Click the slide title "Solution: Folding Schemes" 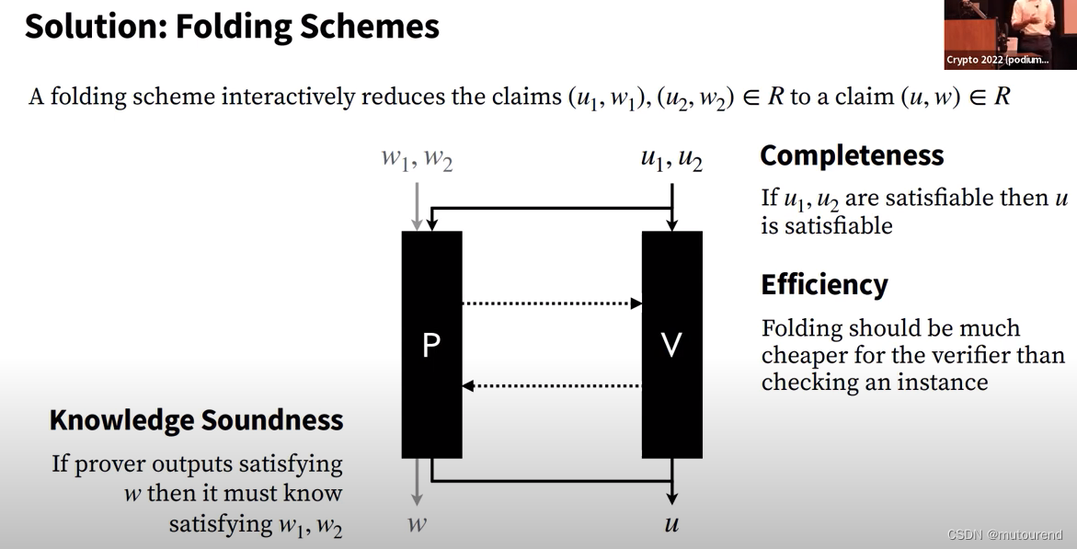tap(232, 27)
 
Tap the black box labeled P tap(431, 345)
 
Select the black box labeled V tap(671, 345)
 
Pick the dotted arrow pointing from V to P tap(552, 385)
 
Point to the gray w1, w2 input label tap(417, 159)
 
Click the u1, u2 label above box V tap(671, 159)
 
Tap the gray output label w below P tap(417, 525)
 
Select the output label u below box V tap(671, 525)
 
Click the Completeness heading tap(852, 155)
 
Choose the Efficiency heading tap(824, 285)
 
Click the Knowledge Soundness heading tap(196, 420)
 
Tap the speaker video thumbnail tap(1010, 34)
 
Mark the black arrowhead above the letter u tap(672, 497)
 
